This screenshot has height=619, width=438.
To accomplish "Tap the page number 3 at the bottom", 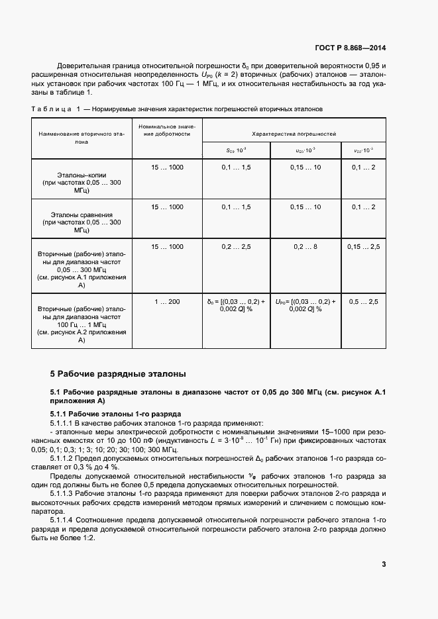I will coord(384,564).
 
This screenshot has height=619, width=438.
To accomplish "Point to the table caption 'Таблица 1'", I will coord(56,109).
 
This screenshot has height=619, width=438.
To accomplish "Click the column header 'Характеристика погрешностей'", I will coord(294,133).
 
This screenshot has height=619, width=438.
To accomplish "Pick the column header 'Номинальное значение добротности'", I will coord(167,130).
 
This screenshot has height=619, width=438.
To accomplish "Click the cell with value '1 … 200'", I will coord(167,302).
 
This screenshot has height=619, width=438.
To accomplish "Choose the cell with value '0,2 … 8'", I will coord(305,246).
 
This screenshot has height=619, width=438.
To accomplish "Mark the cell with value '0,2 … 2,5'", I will coord(236,246).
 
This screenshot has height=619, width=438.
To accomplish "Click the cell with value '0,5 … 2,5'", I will coord(363,302).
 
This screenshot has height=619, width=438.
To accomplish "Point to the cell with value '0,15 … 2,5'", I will coord(363,246).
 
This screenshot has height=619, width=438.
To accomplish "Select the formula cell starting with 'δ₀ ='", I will coord(236,305).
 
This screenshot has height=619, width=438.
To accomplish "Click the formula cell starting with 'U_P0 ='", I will coord(305,305).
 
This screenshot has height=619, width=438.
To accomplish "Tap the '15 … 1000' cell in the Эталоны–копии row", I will coord(167,167).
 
